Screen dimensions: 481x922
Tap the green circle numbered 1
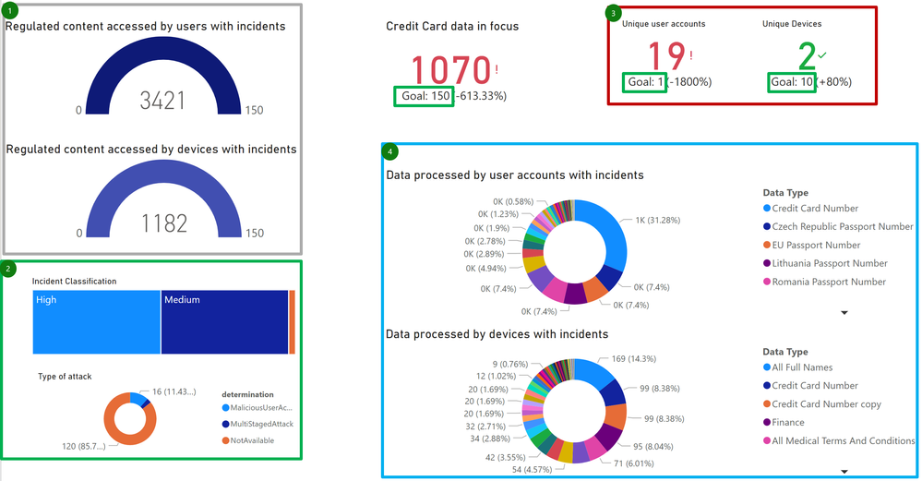(10, 10)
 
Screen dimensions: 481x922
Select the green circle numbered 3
(614, 13)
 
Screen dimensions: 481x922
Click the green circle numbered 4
(390, 151)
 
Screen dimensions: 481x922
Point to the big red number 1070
(449, 71)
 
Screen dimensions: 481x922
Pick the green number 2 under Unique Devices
(807, 58)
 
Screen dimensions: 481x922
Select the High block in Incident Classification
(96, 321)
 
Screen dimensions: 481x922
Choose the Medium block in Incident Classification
(224, 321)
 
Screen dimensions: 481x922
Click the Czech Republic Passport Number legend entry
(842, 227)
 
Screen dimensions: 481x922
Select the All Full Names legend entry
(801, 367)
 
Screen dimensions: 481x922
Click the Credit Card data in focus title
(452, 27)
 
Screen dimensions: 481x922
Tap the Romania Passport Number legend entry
(828, 283)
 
